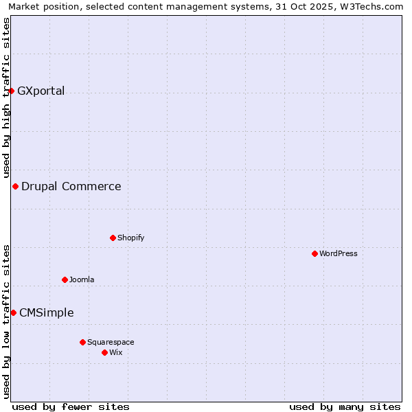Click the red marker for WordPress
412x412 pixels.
point(314,253)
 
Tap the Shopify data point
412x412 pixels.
point(113,238)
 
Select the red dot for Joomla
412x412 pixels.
point(65,279)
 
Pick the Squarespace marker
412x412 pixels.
point(82,342)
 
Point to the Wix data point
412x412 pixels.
point(104,352)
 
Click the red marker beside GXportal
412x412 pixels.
point(11,91)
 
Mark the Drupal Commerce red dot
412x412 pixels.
point(15,186)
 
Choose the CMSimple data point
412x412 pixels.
point(13,312)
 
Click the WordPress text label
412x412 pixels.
point(339,253)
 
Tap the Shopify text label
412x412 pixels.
point(130,238)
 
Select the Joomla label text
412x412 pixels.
point(82,279)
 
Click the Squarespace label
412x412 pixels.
point(111,342)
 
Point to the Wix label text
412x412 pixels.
point(115,352)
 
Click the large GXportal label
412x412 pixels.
point(41,91)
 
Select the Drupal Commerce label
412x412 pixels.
point(71,186)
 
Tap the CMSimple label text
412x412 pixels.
point(46,312)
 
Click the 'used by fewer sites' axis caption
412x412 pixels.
point(71,407)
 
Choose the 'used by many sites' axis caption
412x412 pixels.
point(345,407)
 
